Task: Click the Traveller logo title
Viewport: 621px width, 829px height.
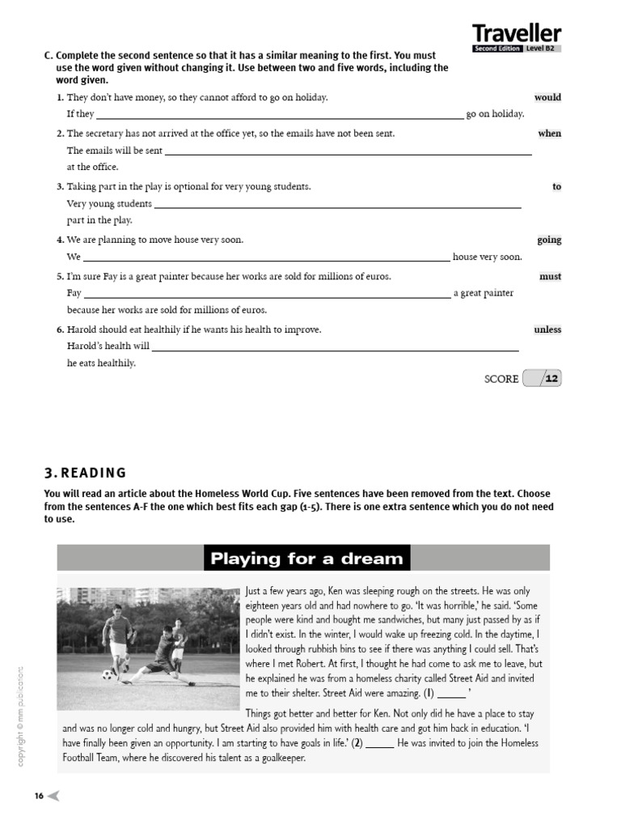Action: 517,33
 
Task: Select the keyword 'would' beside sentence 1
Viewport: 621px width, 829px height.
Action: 547,97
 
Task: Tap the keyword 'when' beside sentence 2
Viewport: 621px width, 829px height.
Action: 549,134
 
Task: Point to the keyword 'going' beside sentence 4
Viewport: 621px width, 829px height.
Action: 549,240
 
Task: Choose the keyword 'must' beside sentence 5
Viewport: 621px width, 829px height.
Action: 550,277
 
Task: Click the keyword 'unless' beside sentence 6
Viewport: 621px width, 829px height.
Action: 547,330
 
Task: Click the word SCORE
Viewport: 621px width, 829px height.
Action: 501,379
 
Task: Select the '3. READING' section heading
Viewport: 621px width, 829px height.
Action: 85,473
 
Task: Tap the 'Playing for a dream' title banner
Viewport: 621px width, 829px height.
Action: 306,558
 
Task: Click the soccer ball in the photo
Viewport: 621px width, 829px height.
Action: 108,674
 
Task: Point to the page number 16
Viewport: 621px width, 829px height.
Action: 39,796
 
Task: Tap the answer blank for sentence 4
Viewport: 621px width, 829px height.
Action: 267,257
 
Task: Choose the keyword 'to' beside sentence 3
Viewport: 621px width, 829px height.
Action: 556,187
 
